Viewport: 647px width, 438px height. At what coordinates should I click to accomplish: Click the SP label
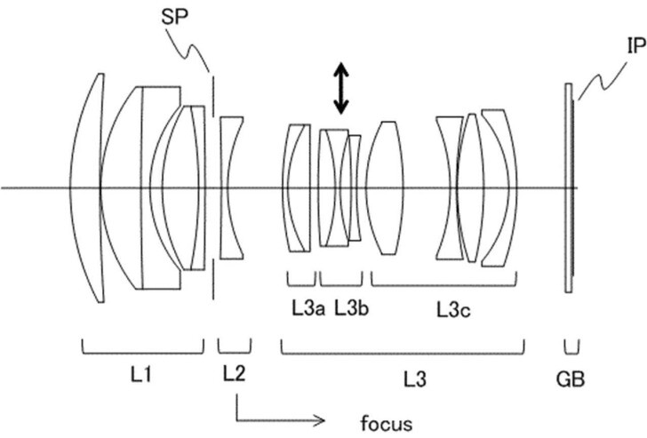coord(174,17)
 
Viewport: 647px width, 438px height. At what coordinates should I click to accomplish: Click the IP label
coord(636,45)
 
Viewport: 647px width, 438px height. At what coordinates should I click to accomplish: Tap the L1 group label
coord(141,375)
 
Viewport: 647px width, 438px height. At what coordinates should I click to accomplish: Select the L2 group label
coord(235,373)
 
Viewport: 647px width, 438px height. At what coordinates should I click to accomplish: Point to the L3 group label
coord(415,379)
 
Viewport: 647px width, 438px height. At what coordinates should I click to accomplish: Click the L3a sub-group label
coord(308,308)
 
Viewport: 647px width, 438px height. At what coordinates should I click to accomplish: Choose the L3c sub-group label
coord(453,310)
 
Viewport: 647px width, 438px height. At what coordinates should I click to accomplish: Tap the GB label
coord(571,379)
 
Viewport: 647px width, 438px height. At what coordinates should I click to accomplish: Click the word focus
coord(387,424)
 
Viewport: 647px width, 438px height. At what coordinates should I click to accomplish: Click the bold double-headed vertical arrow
coord(341,88)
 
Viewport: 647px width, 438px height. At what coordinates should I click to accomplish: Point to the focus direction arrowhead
coord(319,421)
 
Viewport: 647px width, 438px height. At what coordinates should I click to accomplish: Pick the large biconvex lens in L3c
coord(386,188)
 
